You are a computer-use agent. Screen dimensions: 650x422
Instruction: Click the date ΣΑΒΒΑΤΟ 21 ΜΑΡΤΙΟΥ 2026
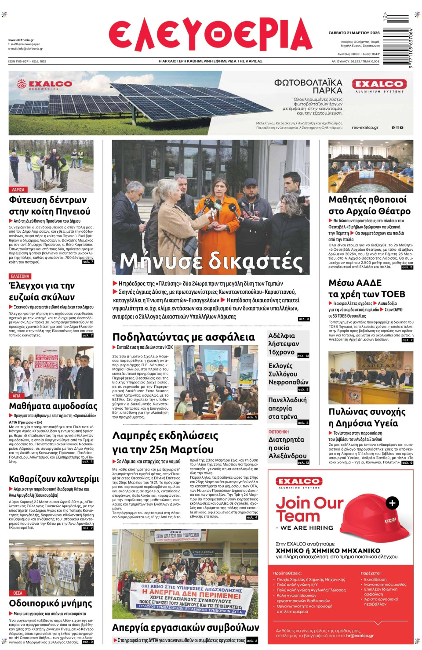coord(354,33)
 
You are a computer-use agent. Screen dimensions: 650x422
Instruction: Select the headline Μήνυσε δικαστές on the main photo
coord(211,261)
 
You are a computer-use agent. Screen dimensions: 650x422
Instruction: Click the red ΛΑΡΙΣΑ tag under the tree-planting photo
coord(18,190)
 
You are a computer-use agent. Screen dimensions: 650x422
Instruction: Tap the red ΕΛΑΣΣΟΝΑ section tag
coord(20,276)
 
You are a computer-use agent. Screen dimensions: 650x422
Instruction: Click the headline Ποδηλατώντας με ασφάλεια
coord(183,337)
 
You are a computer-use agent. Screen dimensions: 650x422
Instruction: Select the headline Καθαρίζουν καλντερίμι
coord(54,479)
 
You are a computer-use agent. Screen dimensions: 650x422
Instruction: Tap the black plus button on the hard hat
coord(392,503)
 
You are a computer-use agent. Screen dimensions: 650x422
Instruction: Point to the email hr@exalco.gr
coord(360,636)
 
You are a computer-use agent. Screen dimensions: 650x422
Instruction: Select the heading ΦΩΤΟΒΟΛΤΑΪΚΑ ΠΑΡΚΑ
coord(308,87)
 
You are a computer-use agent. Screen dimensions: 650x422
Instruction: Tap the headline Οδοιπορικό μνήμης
coord(51,603)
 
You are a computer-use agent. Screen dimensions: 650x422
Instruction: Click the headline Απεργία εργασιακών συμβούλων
coord(186,627)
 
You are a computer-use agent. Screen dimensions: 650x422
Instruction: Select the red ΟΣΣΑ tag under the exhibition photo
coord(18,593)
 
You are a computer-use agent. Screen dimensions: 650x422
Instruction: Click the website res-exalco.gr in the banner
coord(365,128)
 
